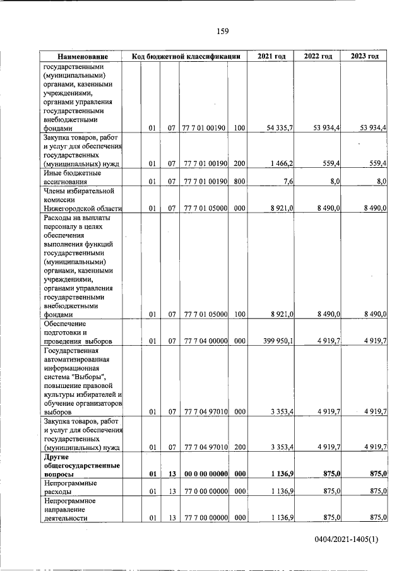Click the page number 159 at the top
(x=222, y=32)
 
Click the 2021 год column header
(x=271, y=56)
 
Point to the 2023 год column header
(x=365, y=56)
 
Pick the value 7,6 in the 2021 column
(x=288, y=182)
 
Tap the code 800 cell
(x=239, y=182)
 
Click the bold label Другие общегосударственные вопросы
(x=75, y=464)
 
